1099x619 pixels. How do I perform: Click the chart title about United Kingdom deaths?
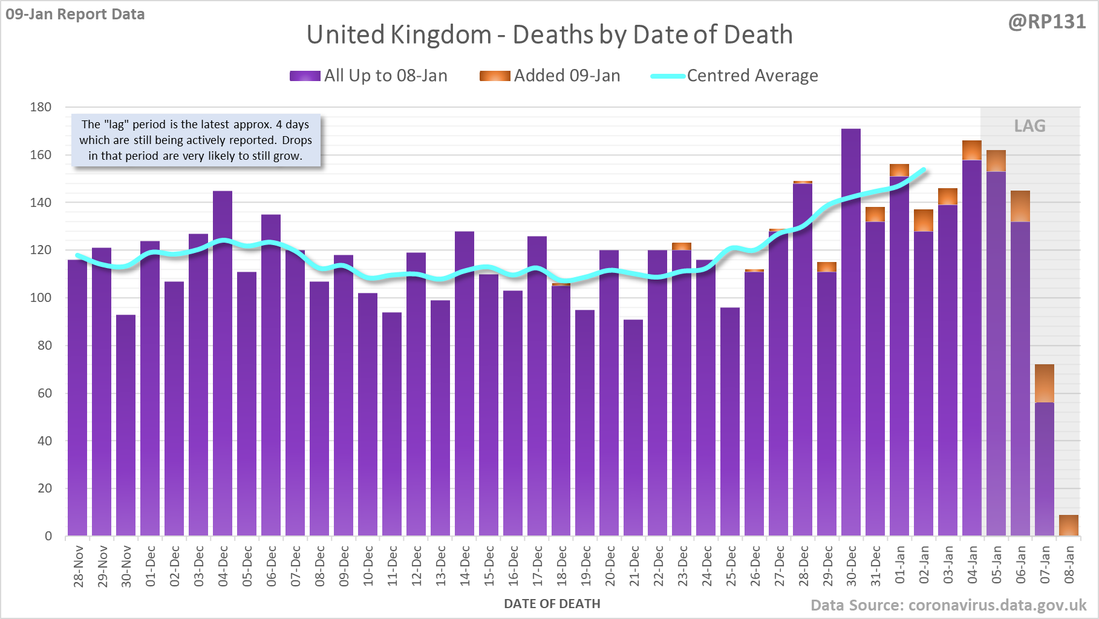(549, 35)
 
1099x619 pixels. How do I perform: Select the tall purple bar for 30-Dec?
(851, 333)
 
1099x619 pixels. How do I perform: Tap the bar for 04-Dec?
(223, 363)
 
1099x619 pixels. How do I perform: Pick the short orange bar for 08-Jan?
(1069, 525)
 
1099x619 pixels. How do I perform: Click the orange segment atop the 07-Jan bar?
(1045, 384)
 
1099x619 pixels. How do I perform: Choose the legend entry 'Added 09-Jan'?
(550, 76)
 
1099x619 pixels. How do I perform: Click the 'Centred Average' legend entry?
(734, 76)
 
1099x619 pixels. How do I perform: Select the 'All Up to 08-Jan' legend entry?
(368, 76)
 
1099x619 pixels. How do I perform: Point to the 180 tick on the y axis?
(41, 107)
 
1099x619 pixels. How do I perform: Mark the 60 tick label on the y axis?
(45, 393)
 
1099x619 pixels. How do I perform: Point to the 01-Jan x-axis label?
(900, 565)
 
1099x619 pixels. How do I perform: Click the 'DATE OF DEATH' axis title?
(552, 604)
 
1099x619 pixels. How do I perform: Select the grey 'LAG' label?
(1029, 126)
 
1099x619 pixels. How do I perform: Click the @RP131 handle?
(1046, 22)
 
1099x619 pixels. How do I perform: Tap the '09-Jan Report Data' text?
(75, 14)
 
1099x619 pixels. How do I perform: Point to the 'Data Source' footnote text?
(948, 605)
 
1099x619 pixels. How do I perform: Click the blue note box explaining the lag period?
(195, 140)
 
